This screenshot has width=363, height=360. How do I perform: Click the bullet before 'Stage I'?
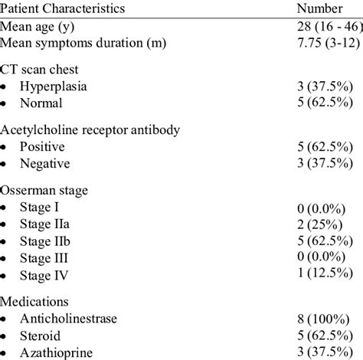(6, 208)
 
